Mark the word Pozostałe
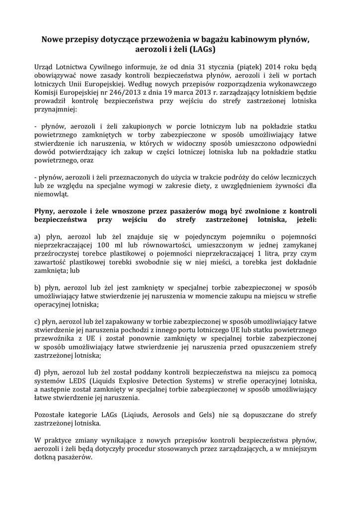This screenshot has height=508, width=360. [x=52, y=414]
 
